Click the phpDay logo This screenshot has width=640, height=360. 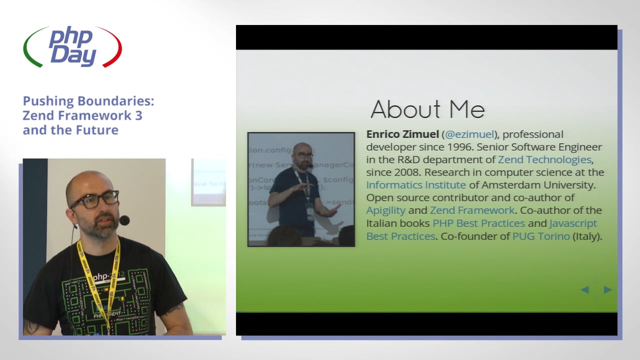[x=72, y=47]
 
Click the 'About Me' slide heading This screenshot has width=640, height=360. [x=427, y=109]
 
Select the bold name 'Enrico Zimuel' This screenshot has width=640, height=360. [x=402, y=134]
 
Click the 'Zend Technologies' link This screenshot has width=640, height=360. [x=544, y=159]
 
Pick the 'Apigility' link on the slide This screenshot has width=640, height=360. [x=385, y=210]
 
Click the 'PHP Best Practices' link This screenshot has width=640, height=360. [x=478, y=223]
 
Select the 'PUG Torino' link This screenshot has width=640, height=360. [x=541, y=236]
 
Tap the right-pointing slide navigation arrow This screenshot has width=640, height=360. [x=607, y=289]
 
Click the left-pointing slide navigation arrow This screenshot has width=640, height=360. [x=584, y=289]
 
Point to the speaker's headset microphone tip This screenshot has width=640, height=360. [x=124, y=220]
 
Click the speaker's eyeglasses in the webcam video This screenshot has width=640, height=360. [x=95, y=199]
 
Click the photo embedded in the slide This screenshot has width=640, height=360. [x=301, y=189]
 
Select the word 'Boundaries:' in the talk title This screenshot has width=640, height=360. [x=122, y=101]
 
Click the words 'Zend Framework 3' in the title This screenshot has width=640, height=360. [x=82, y=115]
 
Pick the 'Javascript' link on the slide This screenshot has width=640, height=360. [x=573, y=223]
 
